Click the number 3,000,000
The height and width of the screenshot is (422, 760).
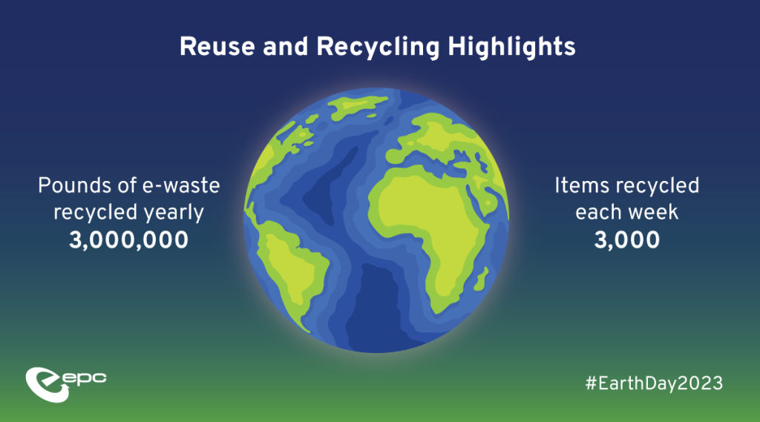128,240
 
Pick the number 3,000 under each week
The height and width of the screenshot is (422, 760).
626,240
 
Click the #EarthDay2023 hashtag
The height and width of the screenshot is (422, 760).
654,383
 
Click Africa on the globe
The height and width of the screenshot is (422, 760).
427,228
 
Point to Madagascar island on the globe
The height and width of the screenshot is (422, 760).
481,280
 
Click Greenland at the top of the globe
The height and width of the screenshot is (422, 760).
358,107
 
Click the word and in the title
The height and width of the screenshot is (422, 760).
286,47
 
